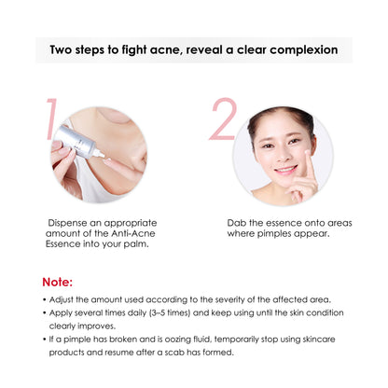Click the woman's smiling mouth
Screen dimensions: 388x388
[283, 169]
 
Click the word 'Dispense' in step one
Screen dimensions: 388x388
[70, 224]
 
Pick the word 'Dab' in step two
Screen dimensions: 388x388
[238, 224]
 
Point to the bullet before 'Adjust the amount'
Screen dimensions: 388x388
[44, 298]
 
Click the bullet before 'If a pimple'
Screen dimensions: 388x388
[44, 339]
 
